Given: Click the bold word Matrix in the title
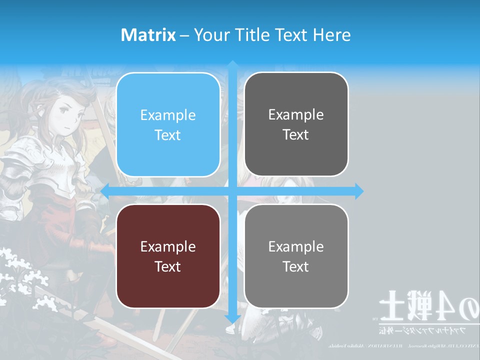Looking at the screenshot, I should point(148,35).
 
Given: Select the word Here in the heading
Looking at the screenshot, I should point(331,35).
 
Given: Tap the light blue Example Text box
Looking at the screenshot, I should point(168,124).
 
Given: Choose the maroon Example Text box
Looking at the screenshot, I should point(168,256).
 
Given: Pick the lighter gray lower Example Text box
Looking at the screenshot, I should point(296,256).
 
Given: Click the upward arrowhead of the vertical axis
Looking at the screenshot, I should point(232,65).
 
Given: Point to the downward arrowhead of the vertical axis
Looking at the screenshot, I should point(232,318).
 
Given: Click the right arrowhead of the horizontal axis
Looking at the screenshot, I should point(358,191).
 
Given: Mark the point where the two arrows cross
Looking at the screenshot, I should point(232,191).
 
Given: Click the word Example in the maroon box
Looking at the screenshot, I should point(168,246).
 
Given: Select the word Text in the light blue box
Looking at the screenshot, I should point(168,135).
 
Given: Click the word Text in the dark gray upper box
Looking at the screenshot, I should point(296,134).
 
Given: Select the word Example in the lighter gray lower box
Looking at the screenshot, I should point(296,246).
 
